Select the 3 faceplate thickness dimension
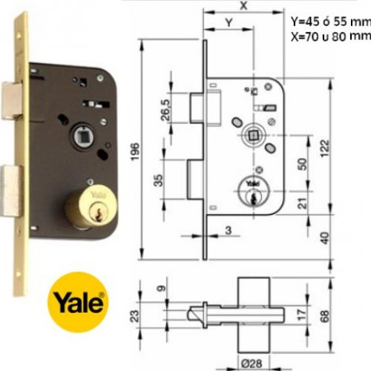[229, 232]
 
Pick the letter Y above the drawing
[228, 22]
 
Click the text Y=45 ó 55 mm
[329, 21]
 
